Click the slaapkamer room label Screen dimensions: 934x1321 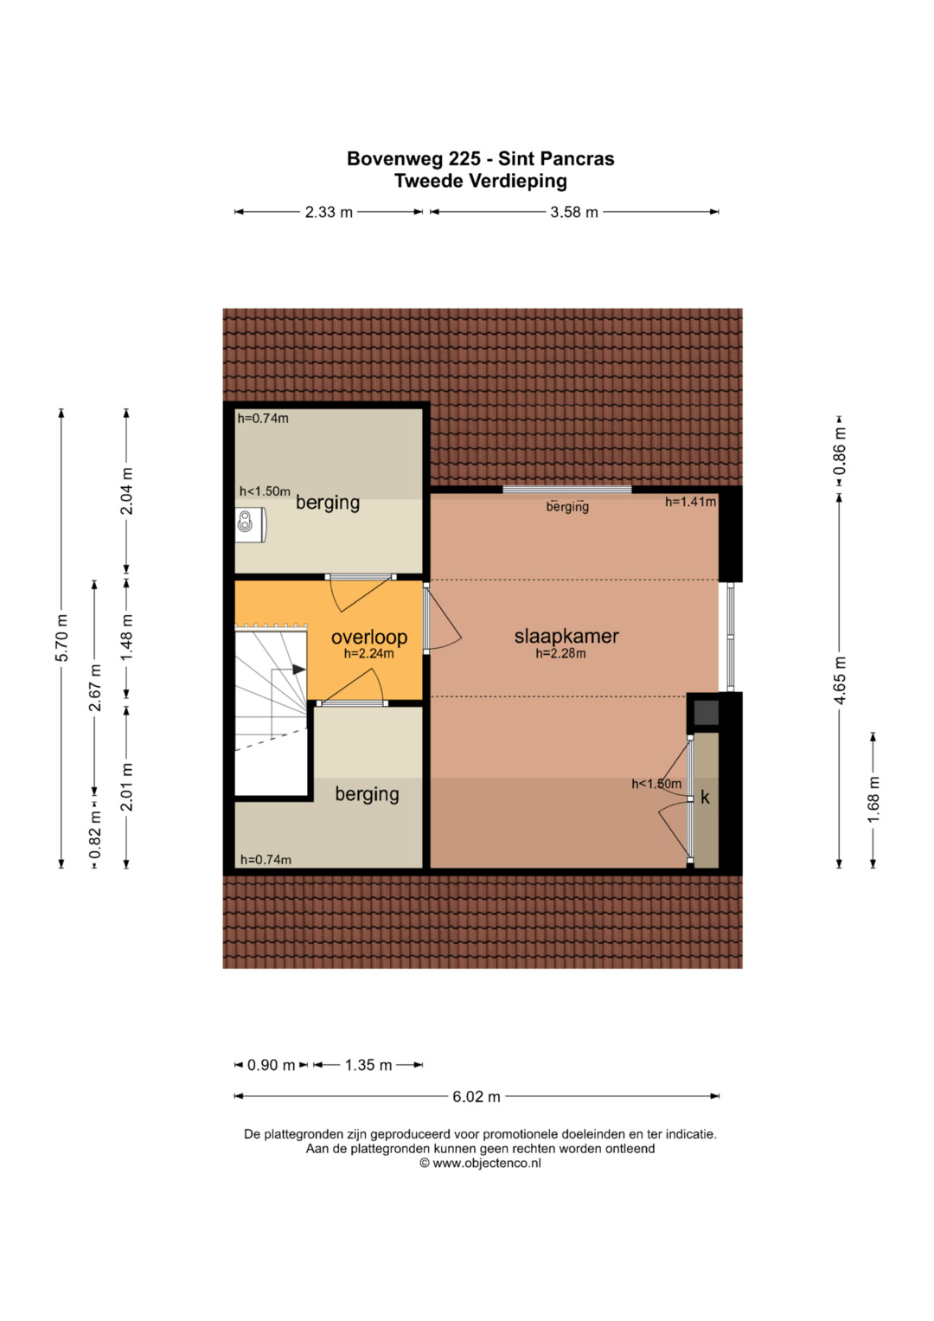(566, 636)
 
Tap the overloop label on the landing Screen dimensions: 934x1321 (369, 637)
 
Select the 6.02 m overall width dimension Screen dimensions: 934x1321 (477, 1096)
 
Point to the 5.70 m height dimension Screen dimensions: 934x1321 (62, 638)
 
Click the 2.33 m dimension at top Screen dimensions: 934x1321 (329, 212)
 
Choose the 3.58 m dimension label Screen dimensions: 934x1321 (573, 212)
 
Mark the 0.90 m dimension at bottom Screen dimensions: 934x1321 (271, 1065)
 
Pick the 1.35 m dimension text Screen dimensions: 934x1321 (368, 1065)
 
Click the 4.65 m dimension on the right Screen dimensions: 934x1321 (840, 680)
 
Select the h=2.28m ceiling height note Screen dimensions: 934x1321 (560, 653)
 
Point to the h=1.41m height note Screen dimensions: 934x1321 (690, 502)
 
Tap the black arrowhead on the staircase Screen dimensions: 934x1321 (299, 670)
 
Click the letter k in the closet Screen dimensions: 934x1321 (705, 798)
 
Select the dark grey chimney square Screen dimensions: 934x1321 (706, 712)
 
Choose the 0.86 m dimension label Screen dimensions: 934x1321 (840, 451)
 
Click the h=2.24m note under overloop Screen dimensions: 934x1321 (369, 653)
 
